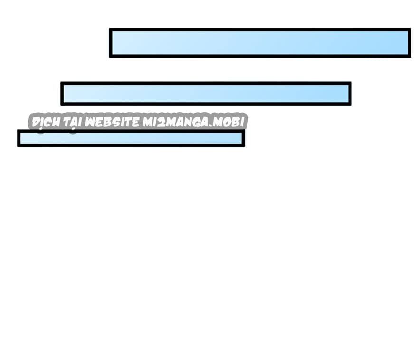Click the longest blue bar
point(260,43)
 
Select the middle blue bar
point(206,94)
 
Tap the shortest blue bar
point(131,138)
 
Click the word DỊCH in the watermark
point(46,123)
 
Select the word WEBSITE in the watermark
point(112,122)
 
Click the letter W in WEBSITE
point(90,122)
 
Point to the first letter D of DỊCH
point(36,123)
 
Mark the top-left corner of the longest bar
point(109,28)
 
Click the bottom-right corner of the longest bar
point(411,58)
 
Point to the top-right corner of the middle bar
point(351,82)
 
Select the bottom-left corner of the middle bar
point(61,106)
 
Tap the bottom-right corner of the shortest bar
point(245,147)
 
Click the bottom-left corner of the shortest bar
point(17,147)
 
